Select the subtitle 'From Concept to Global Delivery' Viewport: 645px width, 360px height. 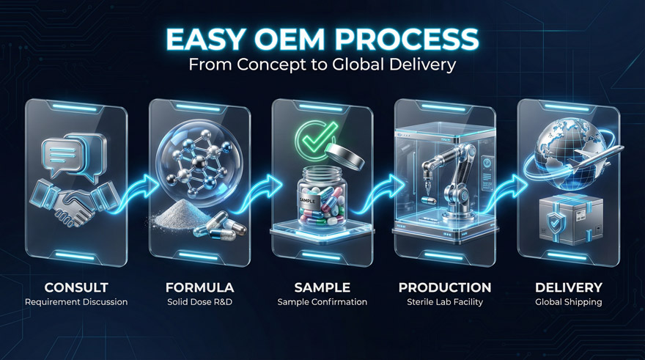point(322,65)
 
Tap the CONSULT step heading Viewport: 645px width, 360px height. point(76,287)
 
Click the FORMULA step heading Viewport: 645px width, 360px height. point(199,287)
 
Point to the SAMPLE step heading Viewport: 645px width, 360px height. point(322,287)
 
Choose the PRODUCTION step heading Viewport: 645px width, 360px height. point(445,287)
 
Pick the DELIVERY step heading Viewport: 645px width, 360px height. point(568,287)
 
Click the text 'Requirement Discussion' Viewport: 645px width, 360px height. point(76,302)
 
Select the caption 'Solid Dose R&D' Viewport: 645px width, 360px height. point(199,302)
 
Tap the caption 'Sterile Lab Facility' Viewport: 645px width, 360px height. point(445,302)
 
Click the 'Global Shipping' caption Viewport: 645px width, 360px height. point(568,302)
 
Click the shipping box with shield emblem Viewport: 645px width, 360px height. point(570,219)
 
